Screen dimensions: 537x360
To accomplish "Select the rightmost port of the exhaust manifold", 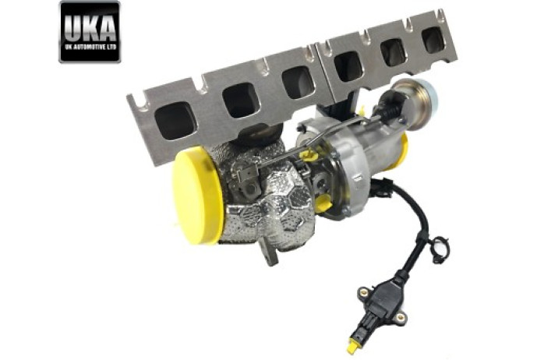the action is [x=434, y=40].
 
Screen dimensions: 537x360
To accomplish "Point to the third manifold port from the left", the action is [x=298, y=81].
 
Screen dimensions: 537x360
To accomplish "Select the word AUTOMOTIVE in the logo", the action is [x=91, y=47].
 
